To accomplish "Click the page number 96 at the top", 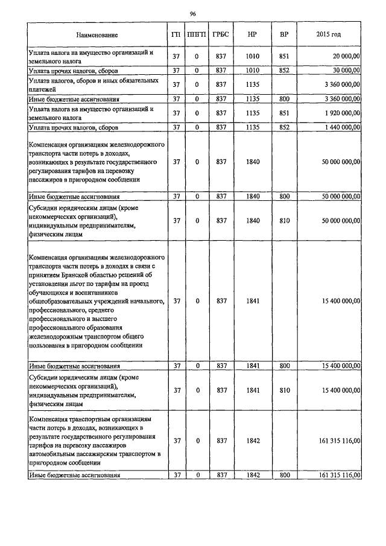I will coord(193,13).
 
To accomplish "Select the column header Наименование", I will coord(97,35).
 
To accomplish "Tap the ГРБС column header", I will coord(221,35).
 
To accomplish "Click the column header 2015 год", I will coord(328,35).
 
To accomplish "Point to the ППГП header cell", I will coord(197,35).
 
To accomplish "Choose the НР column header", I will coord(253,35).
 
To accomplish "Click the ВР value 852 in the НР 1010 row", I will coord(284,71).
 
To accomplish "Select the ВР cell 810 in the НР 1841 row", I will coord(284,390).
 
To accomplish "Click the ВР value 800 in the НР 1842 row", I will coord(284,475).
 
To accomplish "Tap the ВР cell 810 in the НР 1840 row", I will coord(284,221).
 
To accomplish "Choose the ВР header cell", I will coord(284,35).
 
